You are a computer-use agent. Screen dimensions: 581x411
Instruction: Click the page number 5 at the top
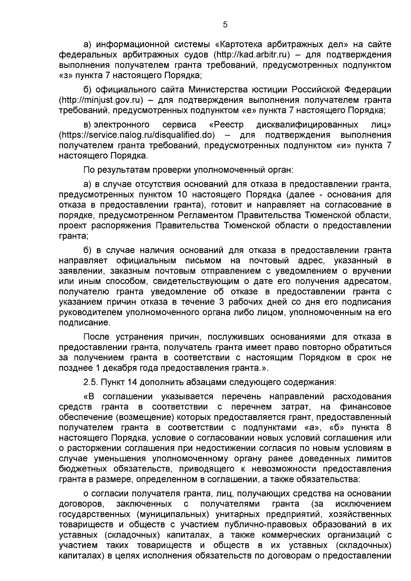(225, 24)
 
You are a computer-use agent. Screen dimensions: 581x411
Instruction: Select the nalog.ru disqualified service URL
(137, 135)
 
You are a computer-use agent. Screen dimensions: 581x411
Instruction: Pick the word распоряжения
(121, 226)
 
